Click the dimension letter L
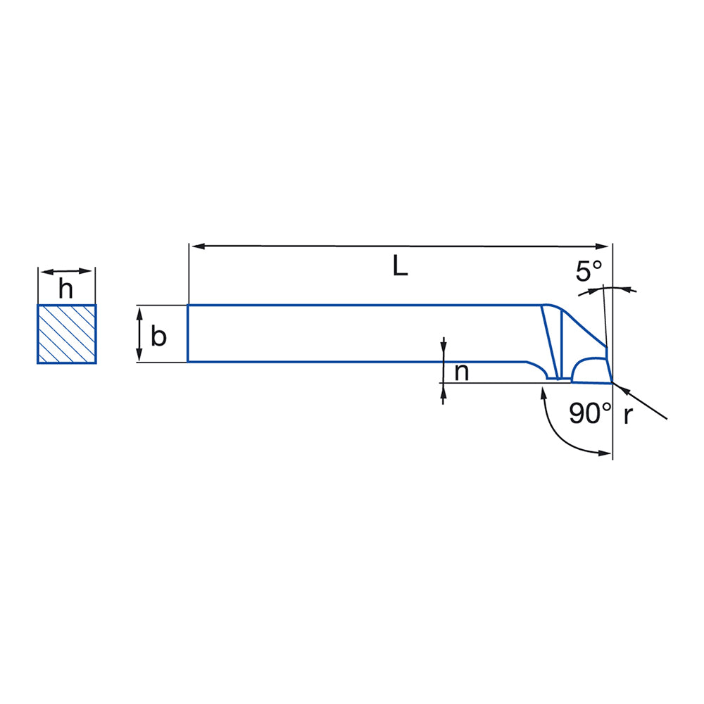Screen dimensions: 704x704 [x=400, y=265]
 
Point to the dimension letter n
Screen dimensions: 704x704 [x=462, y=372]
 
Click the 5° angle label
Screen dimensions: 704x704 [x=589, y=271]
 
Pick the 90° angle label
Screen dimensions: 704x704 [x=590, y=413]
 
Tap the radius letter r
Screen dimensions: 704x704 [x=628, y=416]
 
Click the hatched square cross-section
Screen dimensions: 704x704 [x=66, y=334]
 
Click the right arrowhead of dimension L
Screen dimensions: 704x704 [x=602, y=246]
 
